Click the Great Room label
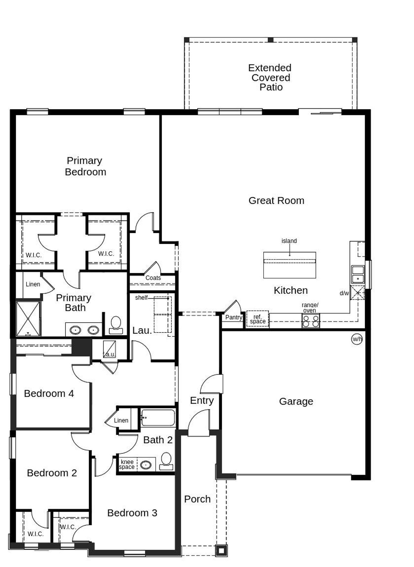point(276,201)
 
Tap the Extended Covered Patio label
point(270,77)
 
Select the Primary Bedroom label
point(85,166)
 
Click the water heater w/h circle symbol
point(357,339)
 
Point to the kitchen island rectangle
point(289,265)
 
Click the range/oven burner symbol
point(310,321)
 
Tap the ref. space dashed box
point(257,319)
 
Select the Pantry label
point(234,317)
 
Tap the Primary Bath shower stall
point(28,319)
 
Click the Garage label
point(296,402)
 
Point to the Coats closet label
point(153,278)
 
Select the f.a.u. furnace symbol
point(109,350)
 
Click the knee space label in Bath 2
point(126,464)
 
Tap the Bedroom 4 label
point(49,393)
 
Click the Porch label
point(197,499)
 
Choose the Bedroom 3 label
point(132,513)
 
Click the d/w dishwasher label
point(344,293)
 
